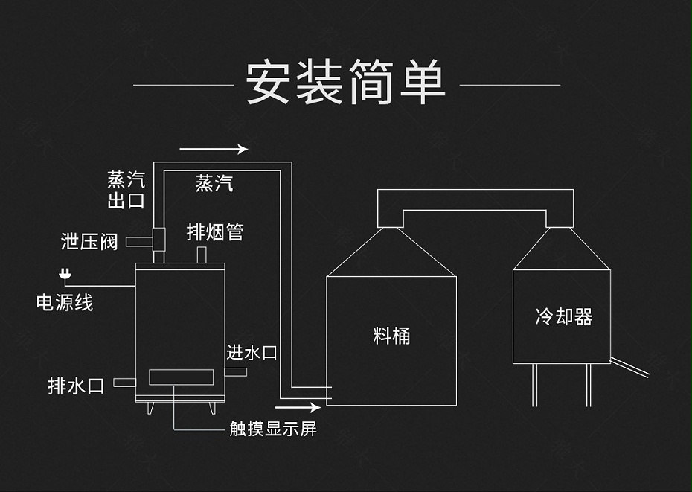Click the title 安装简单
coord(345,83)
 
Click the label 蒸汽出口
coord(126,190)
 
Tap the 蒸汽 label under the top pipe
coord(214,183)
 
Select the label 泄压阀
coord(89,242)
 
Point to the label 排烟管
coord(215,232)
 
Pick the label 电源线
coord(65,302)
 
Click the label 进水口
coord(252,352)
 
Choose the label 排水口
coord(76,385)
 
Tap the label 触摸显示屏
coord(273,429)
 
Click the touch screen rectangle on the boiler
coord(178,377)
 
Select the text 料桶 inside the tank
coord(391,336)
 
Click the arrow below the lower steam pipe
coord(298,407)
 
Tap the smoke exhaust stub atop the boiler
coord(201,255)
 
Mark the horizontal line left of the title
coord(183,85)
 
